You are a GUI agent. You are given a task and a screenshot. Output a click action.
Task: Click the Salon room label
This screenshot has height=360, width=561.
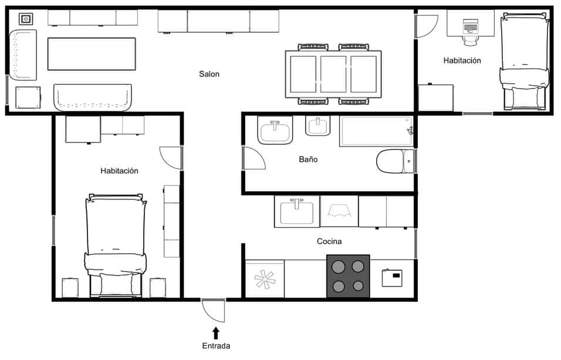(209, 74)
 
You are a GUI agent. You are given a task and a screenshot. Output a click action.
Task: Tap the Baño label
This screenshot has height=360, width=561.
(308, 159)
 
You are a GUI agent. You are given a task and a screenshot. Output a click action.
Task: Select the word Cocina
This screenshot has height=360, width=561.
(329, 242)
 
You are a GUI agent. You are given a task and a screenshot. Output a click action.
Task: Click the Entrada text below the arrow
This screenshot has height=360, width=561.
(216, 346)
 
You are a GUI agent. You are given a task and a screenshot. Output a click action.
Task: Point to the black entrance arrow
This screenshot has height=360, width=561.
(216, 333)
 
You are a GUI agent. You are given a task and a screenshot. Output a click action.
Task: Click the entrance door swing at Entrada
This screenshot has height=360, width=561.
(214, 310)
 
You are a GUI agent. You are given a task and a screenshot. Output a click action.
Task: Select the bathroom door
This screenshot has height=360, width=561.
(254, 158)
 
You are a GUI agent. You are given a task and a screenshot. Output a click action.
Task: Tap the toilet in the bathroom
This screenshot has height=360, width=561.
(396, 161)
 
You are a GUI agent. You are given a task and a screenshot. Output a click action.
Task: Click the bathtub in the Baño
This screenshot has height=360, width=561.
(377, 131)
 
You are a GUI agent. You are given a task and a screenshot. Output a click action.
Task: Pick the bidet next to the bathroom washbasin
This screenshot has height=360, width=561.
(317, 126)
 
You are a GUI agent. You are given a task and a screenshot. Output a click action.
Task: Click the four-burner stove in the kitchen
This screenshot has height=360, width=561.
(348, 276)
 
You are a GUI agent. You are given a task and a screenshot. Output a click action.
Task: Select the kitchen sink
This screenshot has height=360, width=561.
(296, 211)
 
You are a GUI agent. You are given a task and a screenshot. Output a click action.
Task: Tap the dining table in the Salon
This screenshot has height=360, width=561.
(333, 74)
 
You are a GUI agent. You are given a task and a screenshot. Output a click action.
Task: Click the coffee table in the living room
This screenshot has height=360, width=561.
(92, 54)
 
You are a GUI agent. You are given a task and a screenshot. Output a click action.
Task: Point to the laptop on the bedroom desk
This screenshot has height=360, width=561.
(471, 26)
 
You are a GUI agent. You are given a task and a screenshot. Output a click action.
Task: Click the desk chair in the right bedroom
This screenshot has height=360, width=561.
(471, 40)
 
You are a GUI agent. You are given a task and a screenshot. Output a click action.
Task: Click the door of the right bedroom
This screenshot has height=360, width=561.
(427, 26)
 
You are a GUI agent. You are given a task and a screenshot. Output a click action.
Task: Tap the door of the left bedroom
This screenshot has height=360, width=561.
(171, 158)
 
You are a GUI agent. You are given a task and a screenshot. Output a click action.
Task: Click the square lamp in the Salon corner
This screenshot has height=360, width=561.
(26, 19)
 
